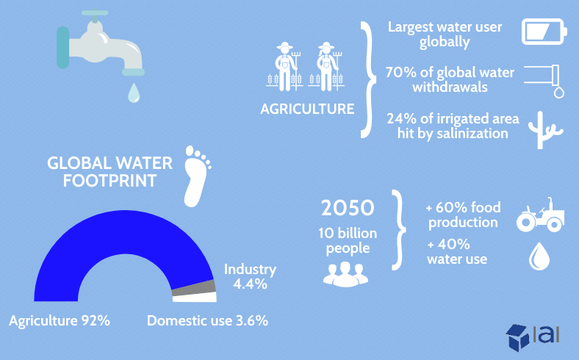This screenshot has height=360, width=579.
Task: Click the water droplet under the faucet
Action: click(x=134, y=93)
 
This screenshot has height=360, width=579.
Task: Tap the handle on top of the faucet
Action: click(x=95, y=13)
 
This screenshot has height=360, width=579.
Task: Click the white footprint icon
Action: click(x=197, y=176)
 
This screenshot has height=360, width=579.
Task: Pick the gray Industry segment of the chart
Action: click(x=194, y=288)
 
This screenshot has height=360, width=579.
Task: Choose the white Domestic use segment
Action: click(x=195, y=297)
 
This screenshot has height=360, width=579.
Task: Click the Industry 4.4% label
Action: click(x=250, y=276)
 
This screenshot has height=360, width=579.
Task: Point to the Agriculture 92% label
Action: click(x=60, y=320)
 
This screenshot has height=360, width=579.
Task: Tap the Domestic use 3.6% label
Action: click(x=207, y=320)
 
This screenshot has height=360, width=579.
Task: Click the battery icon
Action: click(x=544, y=32)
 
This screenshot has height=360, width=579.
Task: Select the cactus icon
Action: click(x=544, y=130)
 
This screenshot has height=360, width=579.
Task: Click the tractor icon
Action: click(x=540, y=215)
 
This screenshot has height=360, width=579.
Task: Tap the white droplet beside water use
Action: click(x=539, y=256)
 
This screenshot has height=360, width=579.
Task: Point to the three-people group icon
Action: click(x=345, y=274)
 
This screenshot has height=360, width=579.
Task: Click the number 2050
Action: click(x=348, y=208)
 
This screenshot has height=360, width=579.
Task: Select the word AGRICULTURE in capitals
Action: click(x=307, y=109)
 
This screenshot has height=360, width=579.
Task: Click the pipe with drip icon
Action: click(x=544, y=82)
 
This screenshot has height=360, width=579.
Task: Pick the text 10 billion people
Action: click(x=348, y=240)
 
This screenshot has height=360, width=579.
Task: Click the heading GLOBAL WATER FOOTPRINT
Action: click(x=109, y=172)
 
